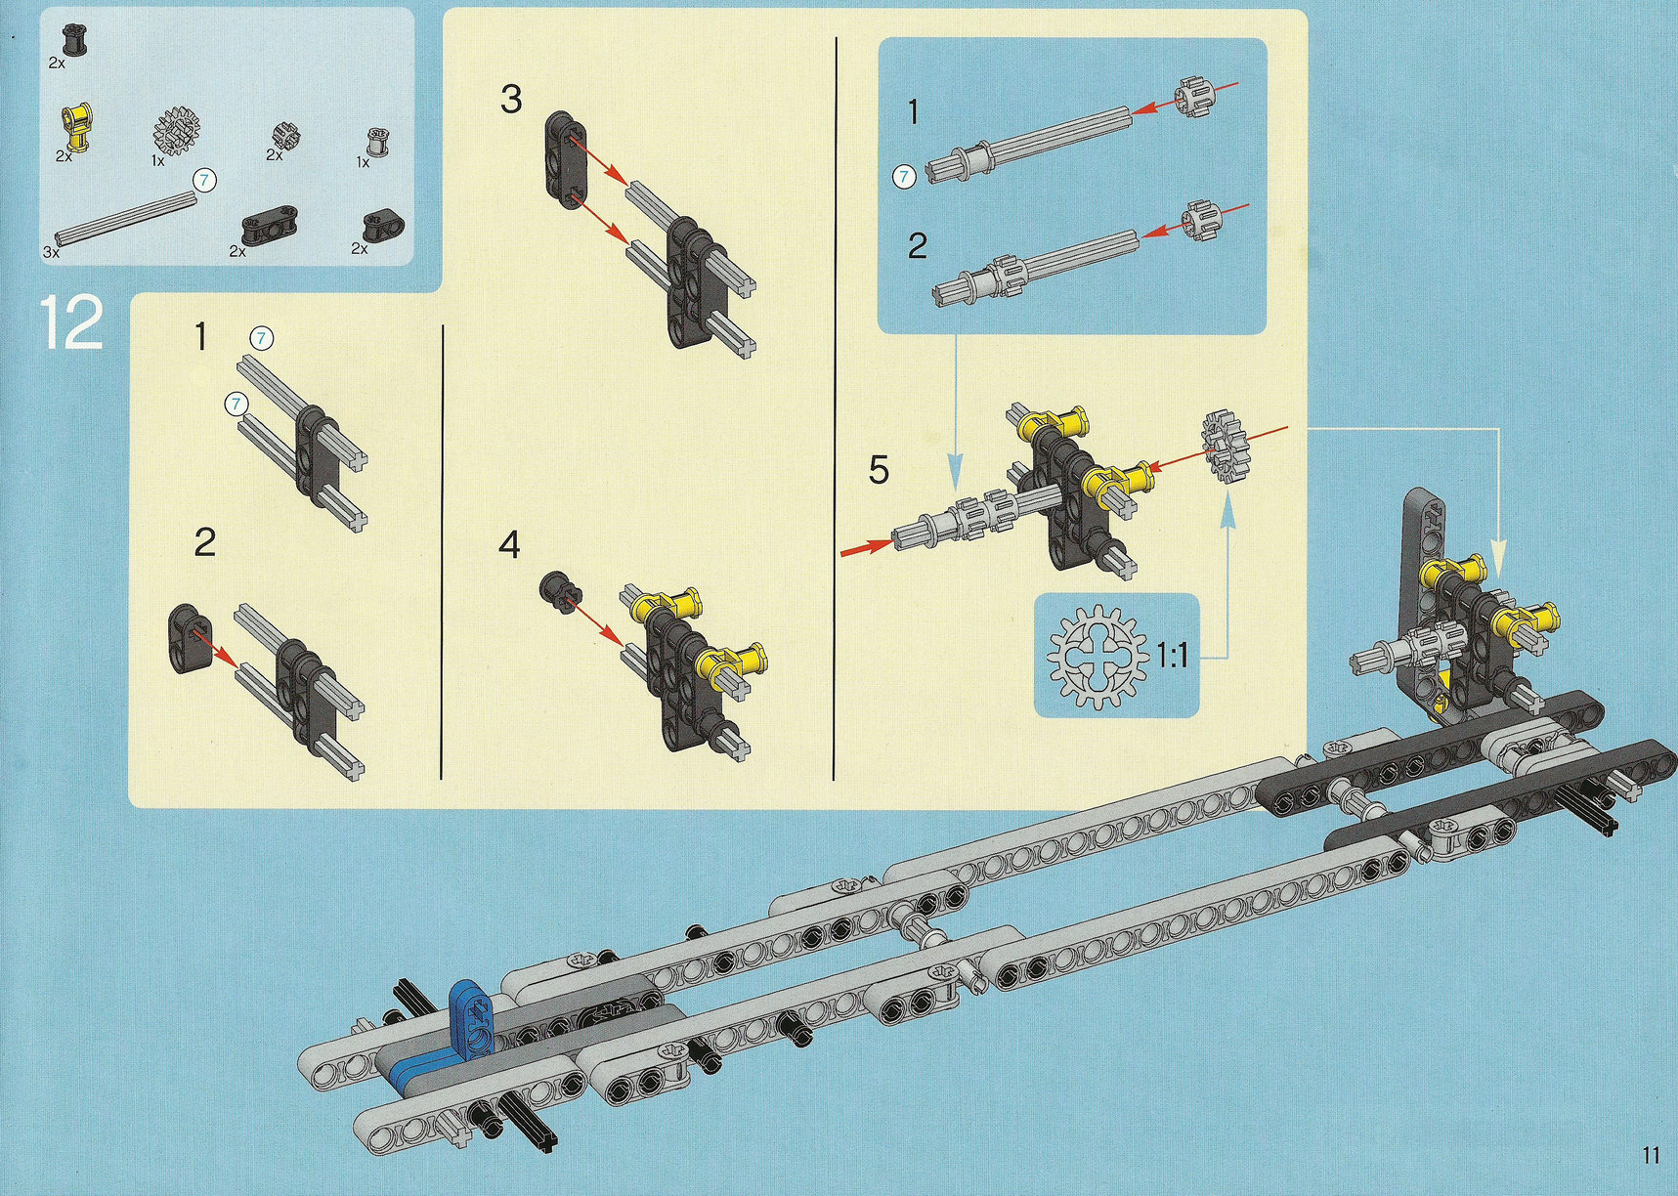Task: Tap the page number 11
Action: (1651, 1155)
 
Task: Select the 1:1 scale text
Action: (1173, 655)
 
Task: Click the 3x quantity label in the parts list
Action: (52, 251)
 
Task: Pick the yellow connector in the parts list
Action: (74, 128)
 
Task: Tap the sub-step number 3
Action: (511, 100)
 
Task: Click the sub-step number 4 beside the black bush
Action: (509, 545)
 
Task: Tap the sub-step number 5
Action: (879, 470)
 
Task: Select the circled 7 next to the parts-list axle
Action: (204, 180)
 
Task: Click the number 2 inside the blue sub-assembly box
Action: (917, 245)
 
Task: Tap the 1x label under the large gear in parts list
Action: (158, 161)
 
